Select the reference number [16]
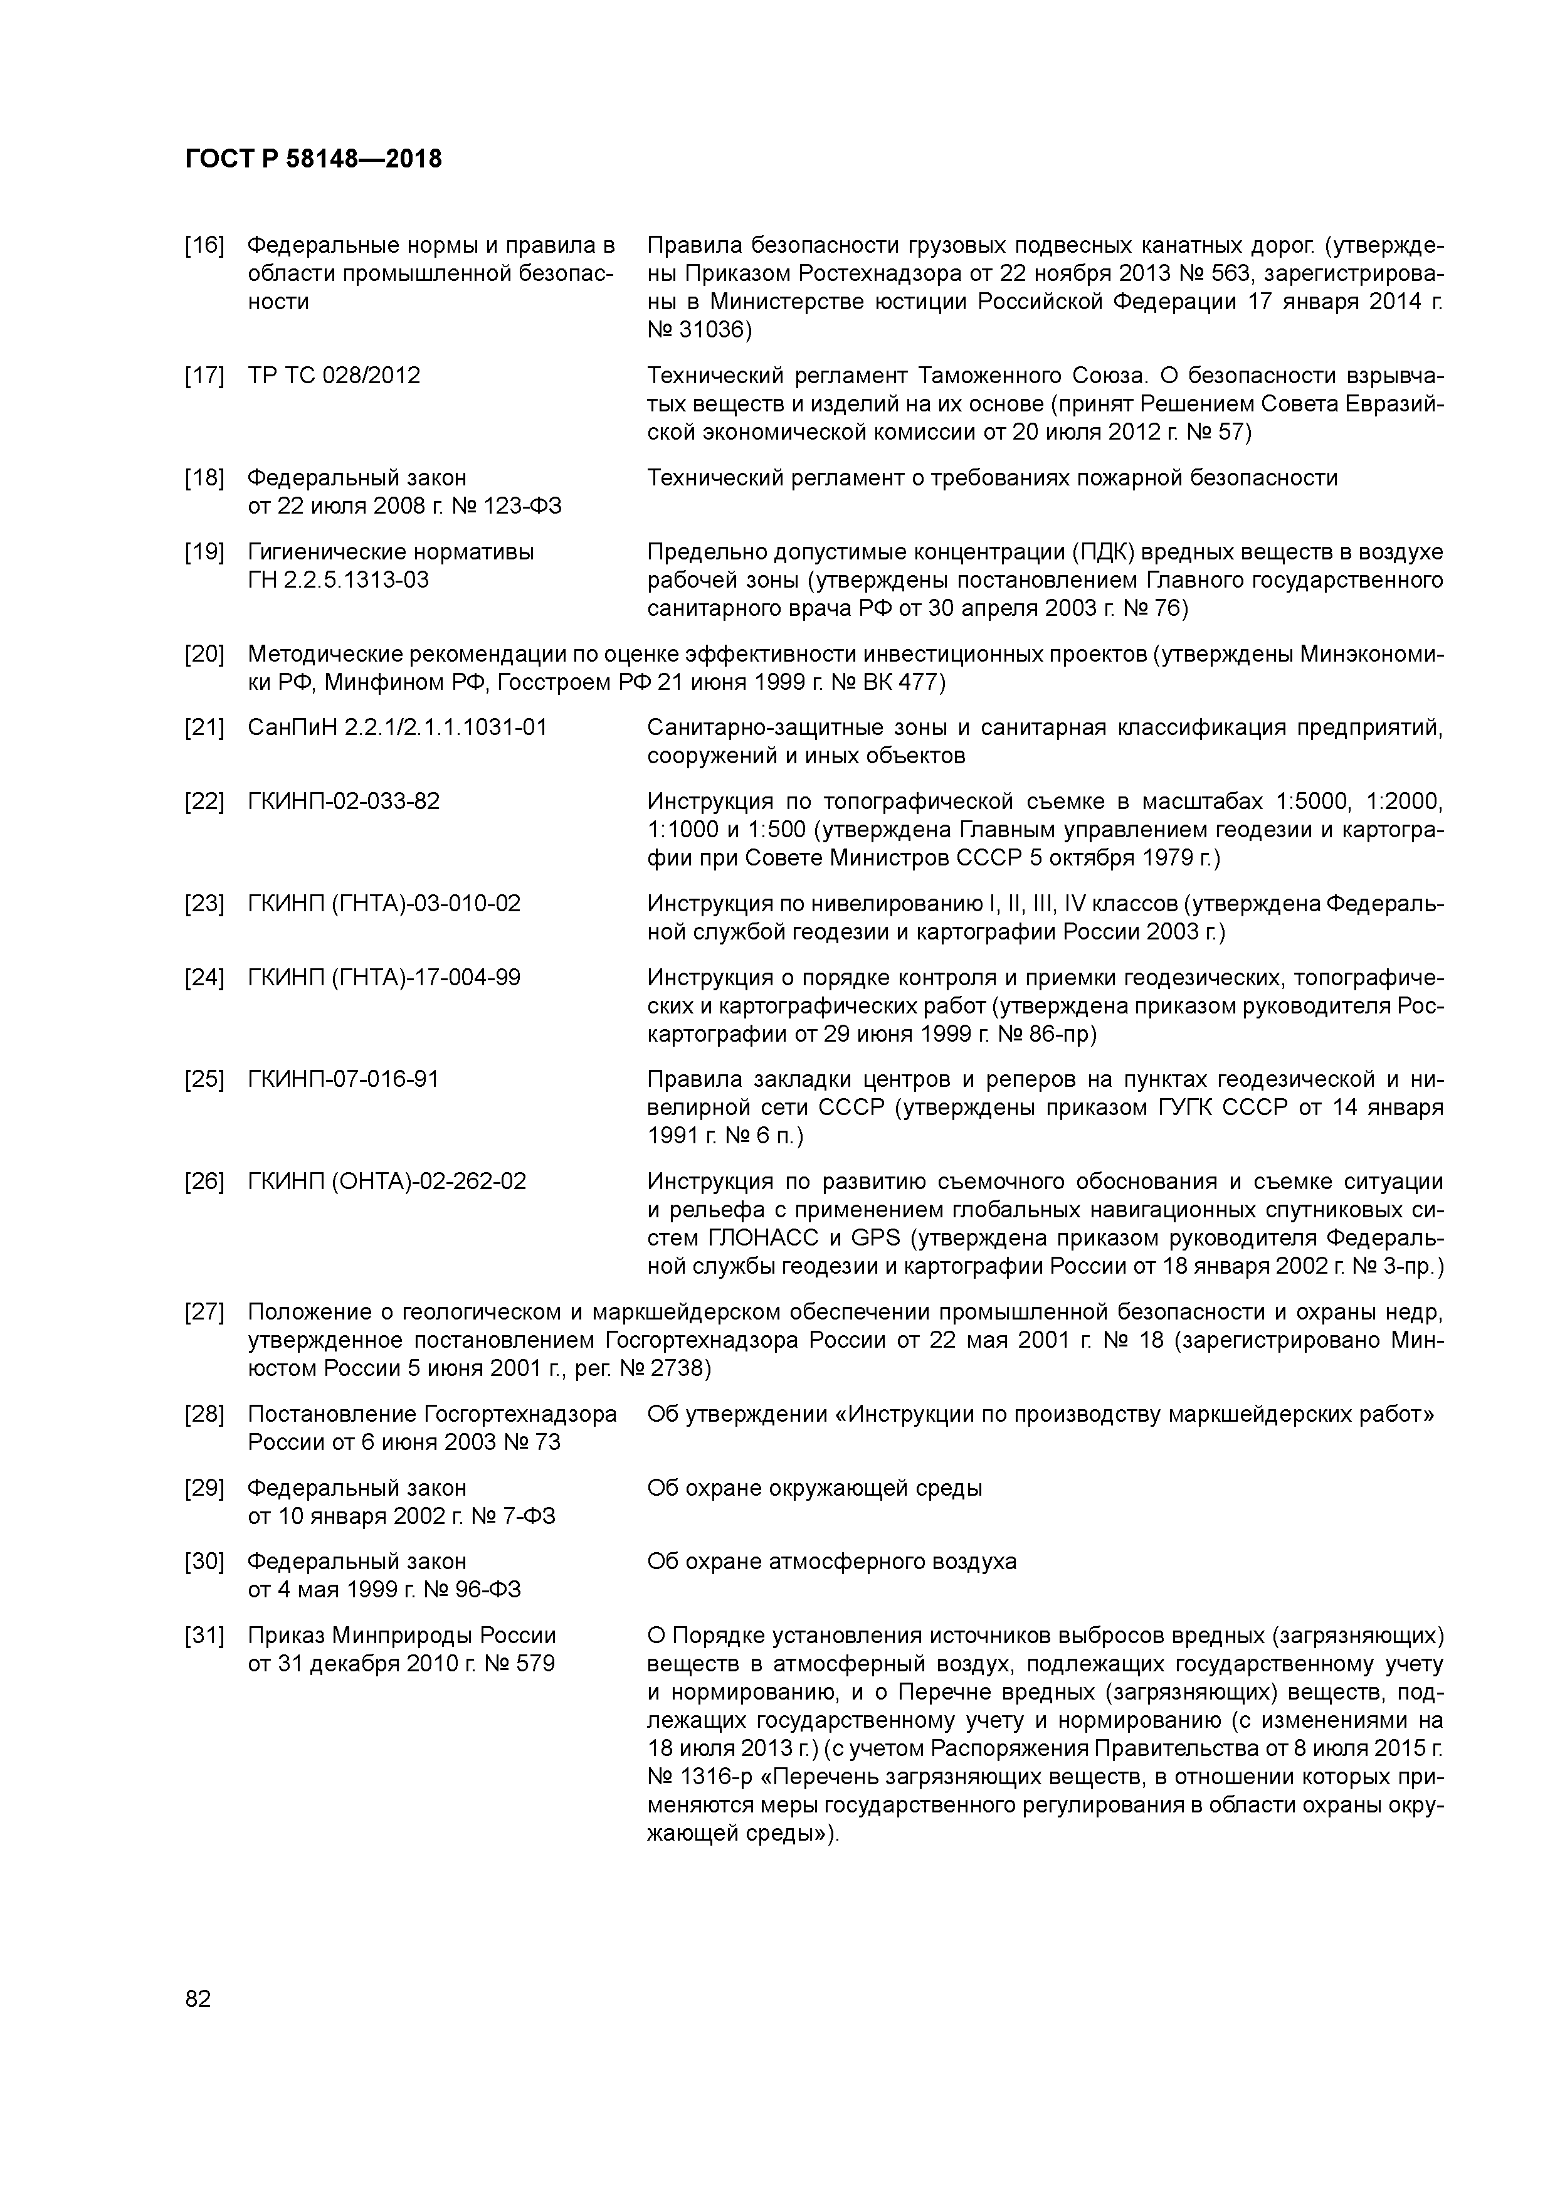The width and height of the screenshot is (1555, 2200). [x=204, y=245]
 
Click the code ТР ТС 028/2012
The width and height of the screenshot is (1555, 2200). [x=334, y=374]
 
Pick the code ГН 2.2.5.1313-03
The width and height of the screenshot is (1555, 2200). [x=338, y=579]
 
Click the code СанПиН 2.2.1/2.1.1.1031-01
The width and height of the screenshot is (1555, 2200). [x=398, y=727]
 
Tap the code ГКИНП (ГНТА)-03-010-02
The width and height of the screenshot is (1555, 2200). [x=384, y=904]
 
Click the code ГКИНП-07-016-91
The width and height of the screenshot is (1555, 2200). [x=343, y=1079]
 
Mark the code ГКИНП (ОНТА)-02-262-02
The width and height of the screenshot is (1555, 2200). [x=387, y=1182]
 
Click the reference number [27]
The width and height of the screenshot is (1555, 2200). [x=204, y=1312]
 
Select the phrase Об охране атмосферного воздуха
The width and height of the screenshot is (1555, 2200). [x=831, y=1562]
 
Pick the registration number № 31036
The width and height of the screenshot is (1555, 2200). [x=699, y=331]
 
